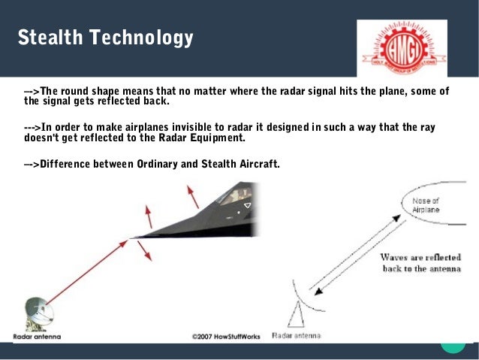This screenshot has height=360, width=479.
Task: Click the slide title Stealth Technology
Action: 105,37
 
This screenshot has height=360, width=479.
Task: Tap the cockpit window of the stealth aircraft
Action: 234,197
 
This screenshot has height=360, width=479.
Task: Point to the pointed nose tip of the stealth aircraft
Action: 132,238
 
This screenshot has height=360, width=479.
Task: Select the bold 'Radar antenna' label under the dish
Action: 37,336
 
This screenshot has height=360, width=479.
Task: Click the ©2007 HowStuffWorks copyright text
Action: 225,336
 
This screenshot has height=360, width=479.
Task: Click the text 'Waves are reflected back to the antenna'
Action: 420,262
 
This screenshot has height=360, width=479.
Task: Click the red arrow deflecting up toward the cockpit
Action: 193,198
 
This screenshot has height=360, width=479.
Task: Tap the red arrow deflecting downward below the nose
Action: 144,252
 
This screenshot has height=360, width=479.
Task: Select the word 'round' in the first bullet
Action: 77,91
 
